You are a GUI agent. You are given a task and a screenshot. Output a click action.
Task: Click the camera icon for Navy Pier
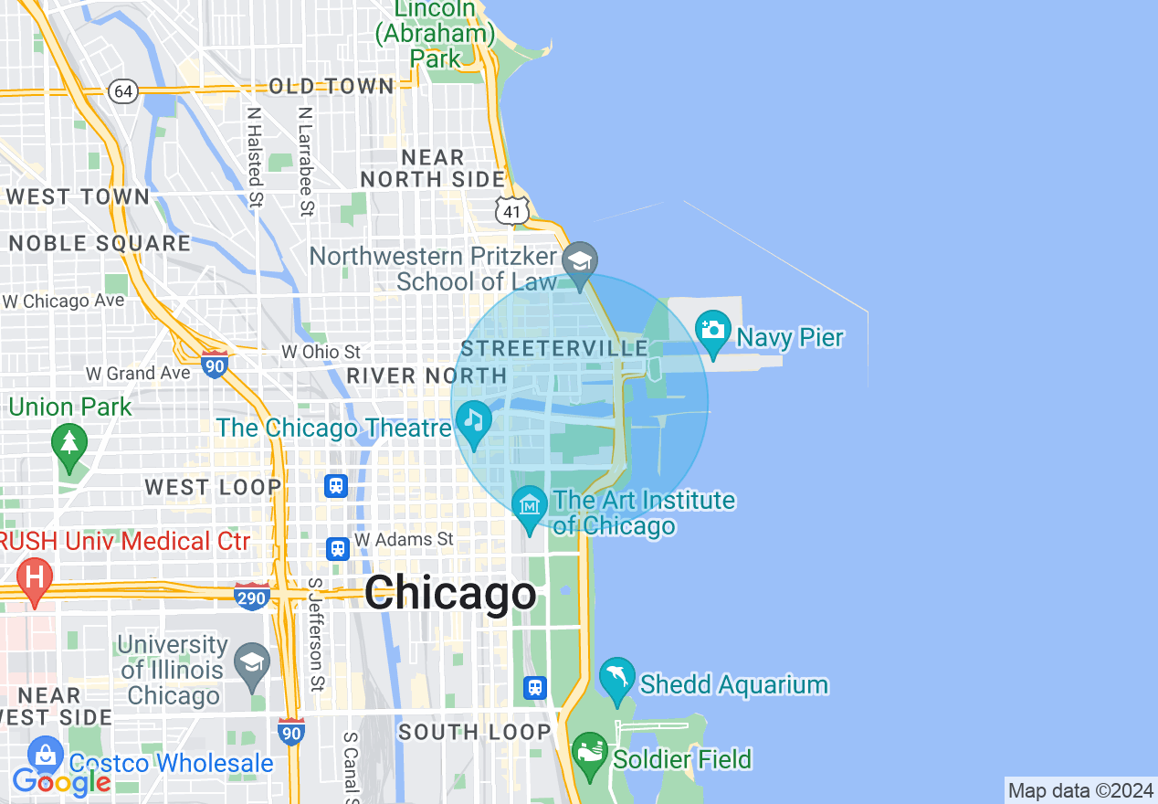[x=712, y=331]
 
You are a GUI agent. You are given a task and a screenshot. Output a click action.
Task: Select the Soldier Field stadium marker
[x=590, y=753]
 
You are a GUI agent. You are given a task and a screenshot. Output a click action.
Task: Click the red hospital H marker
[x=35, y=578]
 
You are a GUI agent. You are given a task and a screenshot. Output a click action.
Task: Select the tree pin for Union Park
[x=69, y=445]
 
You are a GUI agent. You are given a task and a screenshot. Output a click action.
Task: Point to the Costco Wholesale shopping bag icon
[x=44, y=756]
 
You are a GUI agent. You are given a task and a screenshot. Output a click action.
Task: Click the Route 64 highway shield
[x=123, y=91]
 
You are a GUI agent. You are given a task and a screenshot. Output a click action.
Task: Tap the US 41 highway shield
[x=512, y=212]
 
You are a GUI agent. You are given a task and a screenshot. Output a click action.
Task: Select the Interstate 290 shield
[x=251, y=597]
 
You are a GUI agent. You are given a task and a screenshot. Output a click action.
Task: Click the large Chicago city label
[x=451, y=593]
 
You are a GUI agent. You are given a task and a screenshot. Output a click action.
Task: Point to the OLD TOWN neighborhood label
[x=332, y=87]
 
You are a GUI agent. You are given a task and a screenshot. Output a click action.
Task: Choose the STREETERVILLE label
[x=554, y=349]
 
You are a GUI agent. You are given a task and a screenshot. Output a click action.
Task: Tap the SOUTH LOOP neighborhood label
[x=475, y=732]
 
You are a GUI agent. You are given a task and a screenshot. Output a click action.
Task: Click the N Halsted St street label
[x=255, y=156]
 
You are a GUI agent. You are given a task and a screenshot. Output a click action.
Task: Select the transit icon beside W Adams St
[x=338, y=548]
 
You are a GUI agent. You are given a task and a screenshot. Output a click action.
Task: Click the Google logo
[x=61, y=782]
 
